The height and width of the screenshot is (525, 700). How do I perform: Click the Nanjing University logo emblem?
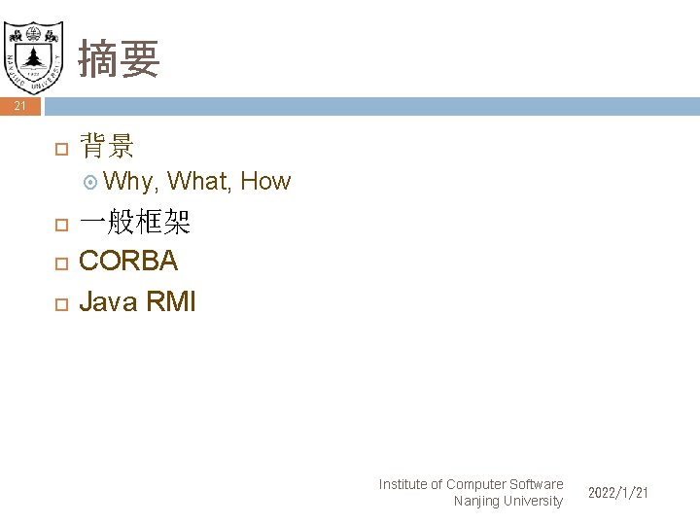(x=34, y=48)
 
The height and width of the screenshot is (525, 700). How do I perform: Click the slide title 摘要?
(x=119, y=58)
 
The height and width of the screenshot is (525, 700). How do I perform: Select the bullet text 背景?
(x=107, y=147)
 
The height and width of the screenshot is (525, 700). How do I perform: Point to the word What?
(x=197, y=181)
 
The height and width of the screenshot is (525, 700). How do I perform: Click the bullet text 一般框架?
(x=134, y=225)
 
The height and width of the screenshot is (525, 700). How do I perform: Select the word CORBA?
(x=128, y=262)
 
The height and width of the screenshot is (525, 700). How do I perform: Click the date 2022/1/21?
(x=618, y=494)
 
